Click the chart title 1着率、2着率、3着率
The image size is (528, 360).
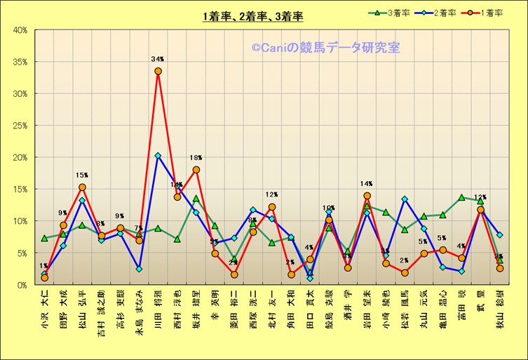[252, 16]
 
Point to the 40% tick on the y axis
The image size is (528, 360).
[20, 30]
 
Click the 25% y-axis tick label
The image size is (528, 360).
[20, 126]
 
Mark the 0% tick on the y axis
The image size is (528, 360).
[22, 285]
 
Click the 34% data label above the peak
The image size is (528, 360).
[158, 60]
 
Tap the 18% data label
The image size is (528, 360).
[196, 158]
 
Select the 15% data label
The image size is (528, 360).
[82, 175]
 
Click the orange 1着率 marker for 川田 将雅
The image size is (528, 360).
[158, 71]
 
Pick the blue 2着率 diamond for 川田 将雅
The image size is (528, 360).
[158, 156]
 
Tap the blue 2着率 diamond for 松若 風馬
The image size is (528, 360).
[405, 199]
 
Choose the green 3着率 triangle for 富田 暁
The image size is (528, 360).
[461, 197]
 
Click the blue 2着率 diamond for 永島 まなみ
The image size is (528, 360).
[139, 269]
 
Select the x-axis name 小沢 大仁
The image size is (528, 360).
[45, 305]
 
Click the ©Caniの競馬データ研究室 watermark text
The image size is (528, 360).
[325, 48]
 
